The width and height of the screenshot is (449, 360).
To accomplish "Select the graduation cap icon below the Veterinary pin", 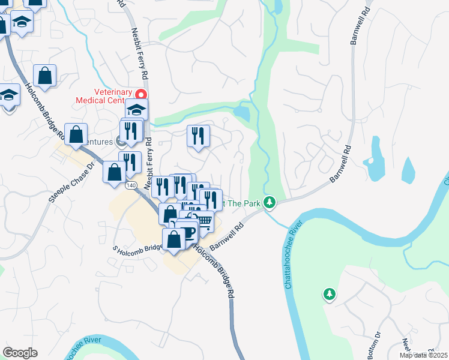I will pyautogui.click(x=136, y=110).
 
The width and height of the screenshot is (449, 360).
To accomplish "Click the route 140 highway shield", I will pyautogui.click(x=130, y=186).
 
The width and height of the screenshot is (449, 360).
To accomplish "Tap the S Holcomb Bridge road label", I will pyautogui.click(x=137, y=248).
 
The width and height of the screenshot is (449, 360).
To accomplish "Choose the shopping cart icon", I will pyautogui.click(x=204, y=222).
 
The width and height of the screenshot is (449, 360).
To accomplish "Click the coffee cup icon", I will pyautogui.click(x=188, y=231).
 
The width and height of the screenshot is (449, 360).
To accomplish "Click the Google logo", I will pyautogui.click(x=20, y=353).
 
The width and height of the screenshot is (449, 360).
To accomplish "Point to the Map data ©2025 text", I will pyautogui.click(x=423, y=355).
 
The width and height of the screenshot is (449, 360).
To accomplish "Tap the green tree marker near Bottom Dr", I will pyautogui.click(x=329, y=294).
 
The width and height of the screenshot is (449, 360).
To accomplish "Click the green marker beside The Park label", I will pyautogui.click(x=270, y=203).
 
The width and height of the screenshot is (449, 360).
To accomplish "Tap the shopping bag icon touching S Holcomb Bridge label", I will pyautogui.click(x=173, y=239).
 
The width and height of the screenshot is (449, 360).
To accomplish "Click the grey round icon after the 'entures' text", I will pyautogui.click(x=120, y=142).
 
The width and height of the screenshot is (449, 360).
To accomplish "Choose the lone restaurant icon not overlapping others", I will pyautogui.click(x=198, y=136).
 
